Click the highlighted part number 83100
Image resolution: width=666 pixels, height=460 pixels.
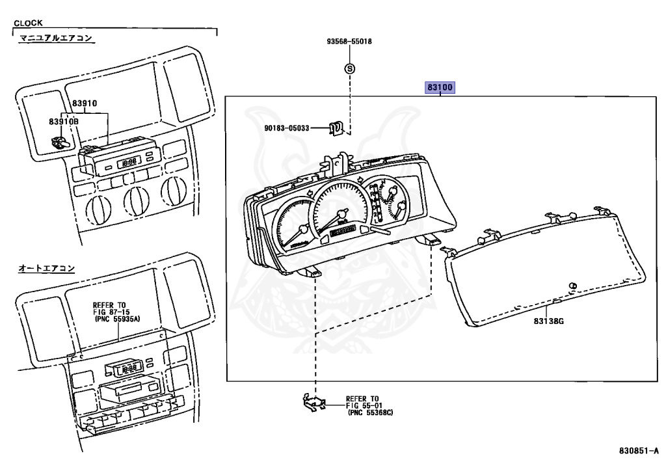click(x=440, y=87)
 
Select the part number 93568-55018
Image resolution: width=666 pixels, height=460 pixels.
click(x=349, y=41)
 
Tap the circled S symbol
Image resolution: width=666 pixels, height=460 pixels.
click(x=349, y=68)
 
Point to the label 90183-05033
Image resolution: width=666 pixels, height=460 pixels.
click(x=287, y=128)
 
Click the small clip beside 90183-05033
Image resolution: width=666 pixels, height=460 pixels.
click(x=336, y=128)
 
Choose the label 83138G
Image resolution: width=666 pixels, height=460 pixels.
click(x=549, y=321)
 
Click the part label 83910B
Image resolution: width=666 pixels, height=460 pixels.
click(x=64, y=122)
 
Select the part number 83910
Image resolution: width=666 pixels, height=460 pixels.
click(x=84, y=103)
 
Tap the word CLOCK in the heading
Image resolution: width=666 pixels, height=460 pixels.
click(x=28, y=23)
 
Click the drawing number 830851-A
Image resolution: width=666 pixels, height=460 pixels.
click(x=637, y=450)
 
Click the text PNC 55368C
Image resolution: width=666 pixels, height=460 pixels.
click(x=370, y=413)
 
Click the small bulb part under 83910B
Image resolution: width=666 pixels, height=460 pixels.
click(x=58, y=143)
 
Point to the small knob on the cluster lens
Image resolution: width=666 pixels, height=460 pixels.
click(x=572, y=285)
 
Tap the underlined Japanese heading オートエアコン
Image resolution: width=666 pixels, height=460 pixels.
click(x=46, y=269)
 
